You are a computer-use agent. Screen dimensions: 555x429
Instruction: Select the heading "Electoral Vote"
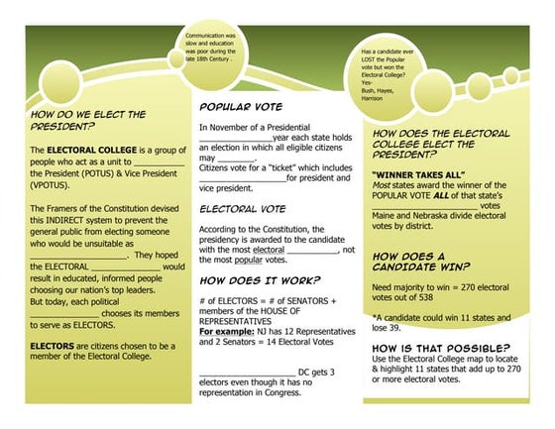coord(243,209)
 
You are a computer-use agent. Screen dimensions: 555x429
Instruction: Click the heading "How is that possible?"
coord(440,348)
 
